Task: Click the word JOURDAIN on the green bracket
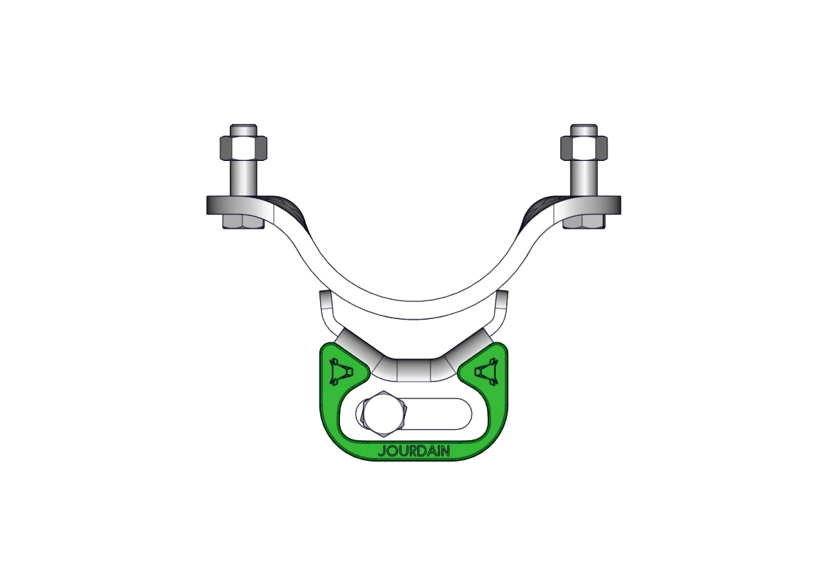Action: coord(414,452)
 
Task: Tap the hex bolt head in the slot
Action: coord(381,414)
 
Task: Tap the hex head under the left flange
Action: coord(243,222)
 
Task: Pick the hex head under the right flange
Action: coord(584,222)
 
